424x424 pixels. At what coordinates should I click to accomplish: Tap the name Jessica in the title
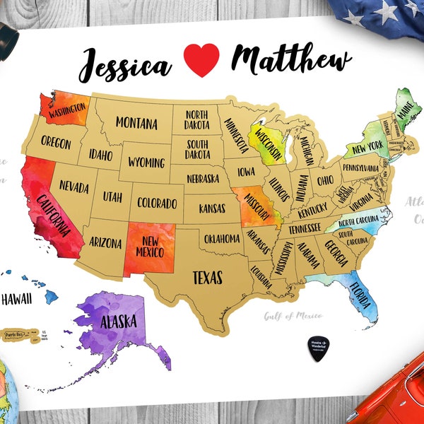point(125,65)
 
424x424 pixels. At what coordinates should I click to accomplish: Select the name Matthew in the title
point(291,61)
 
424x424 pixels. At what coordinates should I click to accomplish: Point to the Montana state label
point(136,123)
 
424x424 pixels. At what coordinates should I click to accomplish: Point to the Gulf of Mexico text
point(293,315)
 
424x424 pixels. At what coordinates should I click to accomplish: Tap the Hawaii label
point(16,299)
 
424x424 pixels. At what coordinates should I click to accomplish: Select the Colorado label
point(157,204)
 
